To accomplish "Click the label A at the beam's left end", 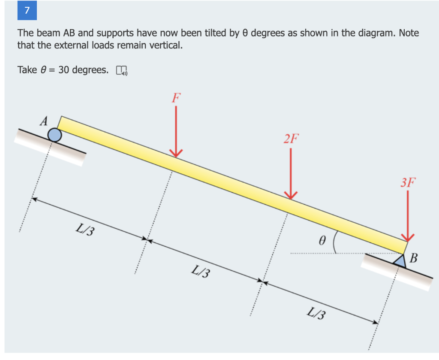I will (44, 121).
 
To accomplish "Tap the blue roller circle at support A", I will (54, 135).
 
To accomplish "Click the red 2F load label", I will (291, 139).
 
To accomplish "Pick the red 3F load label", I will (408, 182).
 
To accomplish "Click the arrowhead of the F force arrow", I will (176, 154).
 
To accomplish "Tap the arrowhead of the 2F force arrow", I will (291, 196).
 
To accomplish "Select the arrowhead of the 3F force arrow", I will (408, 237).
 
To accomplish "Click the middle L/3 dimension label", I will (201, 271).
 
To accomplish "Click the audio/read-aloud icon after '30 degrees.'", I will (121, 70).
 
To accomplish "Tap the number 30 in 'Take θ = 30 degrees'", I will (64, 70).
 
